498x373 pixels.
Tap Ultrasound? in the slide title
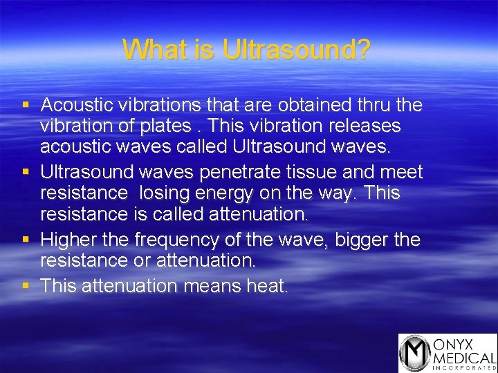(x=297, y=50)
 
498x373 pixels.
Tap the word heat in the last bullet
(x=266, y=286)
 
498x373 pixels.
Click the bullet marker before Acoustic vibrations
(x=26, y=106)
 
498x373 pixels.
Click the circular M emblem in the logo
(x=414, y=353)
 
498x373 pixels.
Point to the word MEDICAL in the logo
(x=463, y=358)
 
